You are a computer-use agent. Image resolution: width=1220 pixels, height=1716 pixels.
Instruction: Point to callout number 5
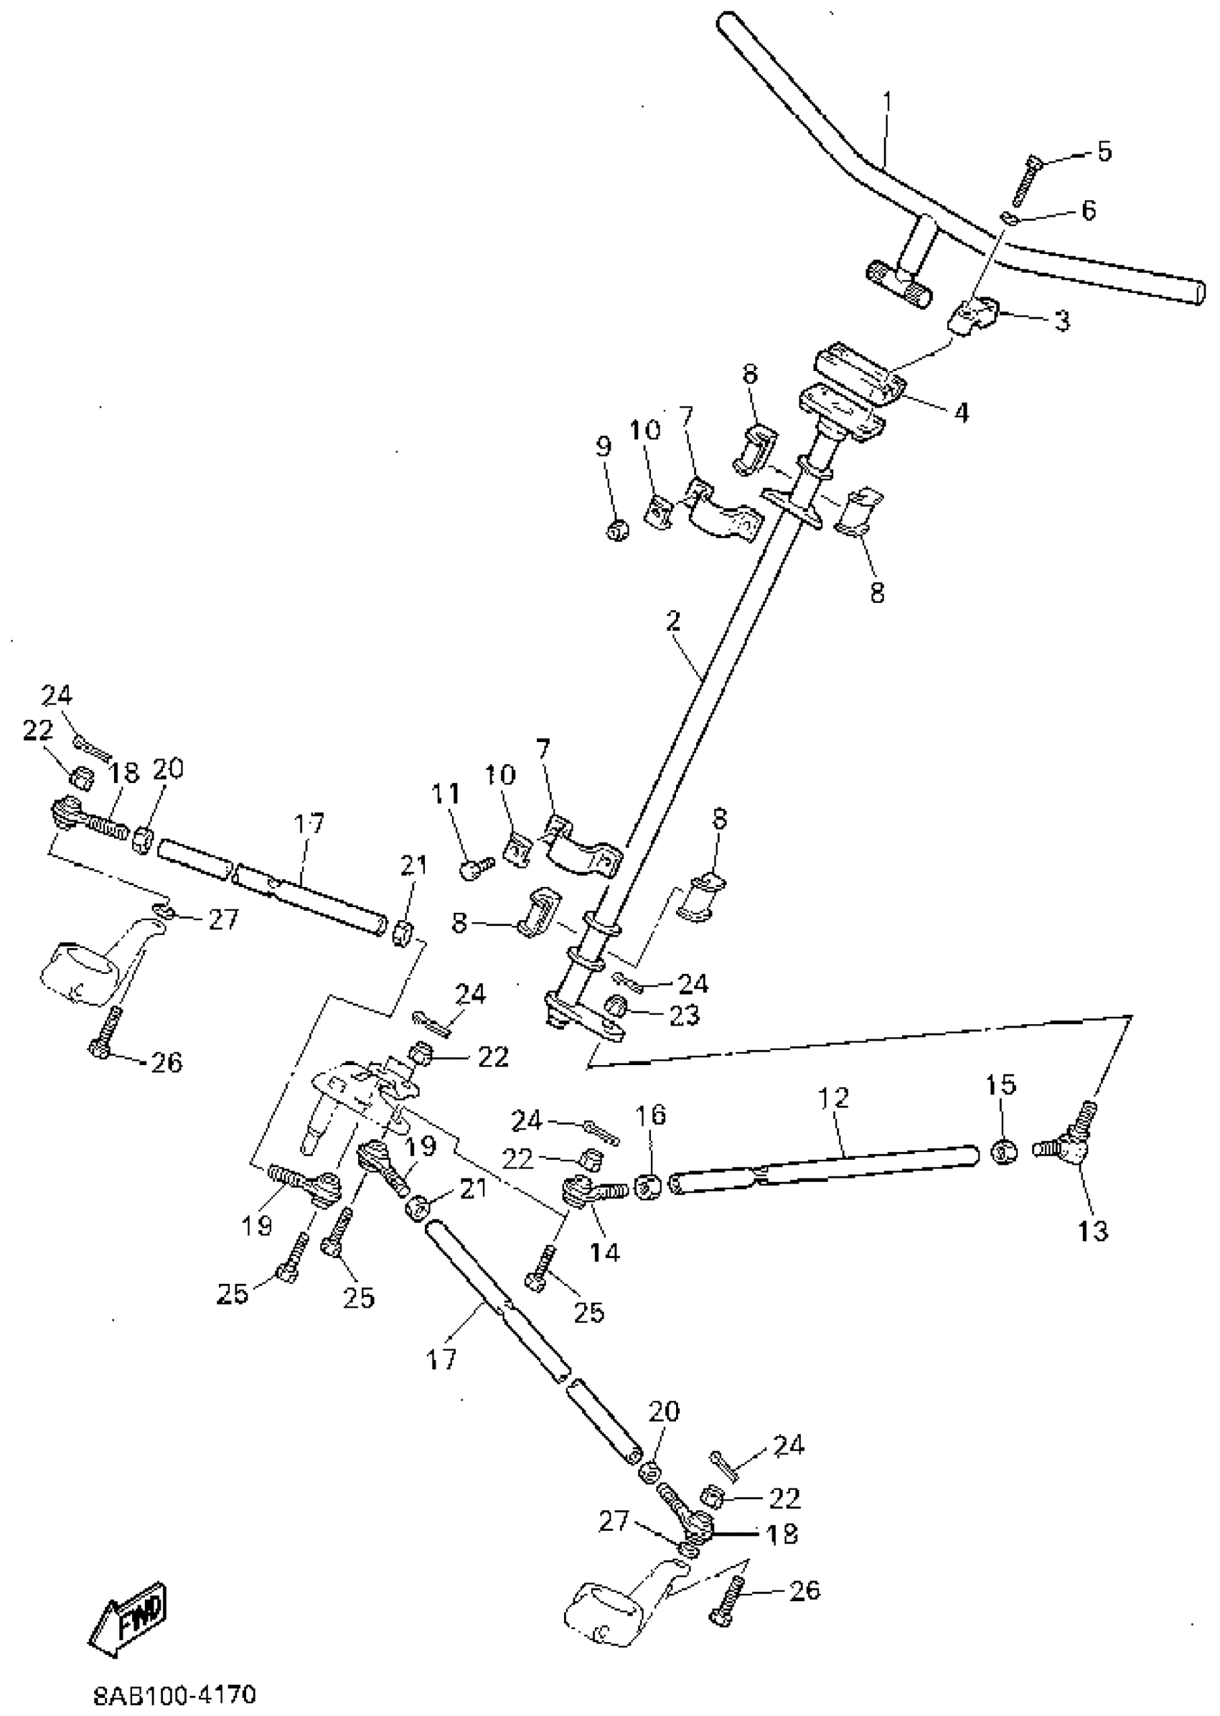pyautogui.click(x=1103, y=151)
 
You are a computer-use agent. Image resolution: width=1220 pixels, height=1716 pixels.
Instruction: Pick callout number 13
pyautogui.click(x=1093, y=1232)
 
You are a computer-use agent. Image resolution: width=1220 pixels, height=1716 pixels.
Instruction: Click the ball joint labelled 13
pyautogui.click(x=1070, y=1146)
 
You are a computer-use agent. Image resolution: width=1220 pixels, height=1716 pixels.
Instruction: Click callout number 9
pyautogui.click(x=604, y=446)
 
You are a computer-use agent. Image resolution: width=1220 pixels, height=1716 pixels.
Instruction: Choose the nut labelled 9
pyautogui.click(x=617, y=531)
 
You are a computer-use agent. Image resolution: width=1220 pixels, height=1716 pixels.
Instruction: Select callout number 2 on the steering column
pyautogui.click(x=672, y=621)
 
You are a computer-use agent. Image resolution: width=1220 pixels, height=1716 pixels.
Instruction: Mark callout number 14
pyautogui.click(x=605, y=1251)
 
